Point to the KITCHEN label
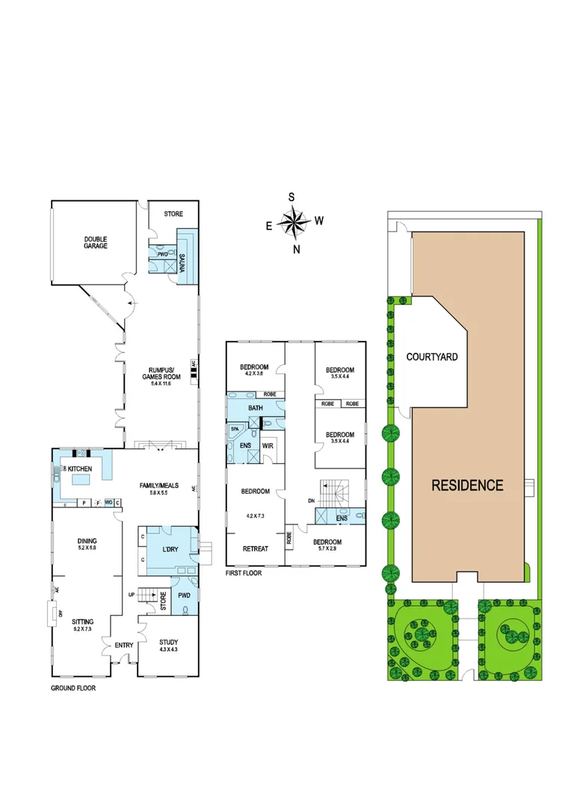pyautogui.click(x=80, y=469)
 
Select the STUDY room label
pyautogui.click(x=169, y=646)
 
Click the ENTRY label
pyautogui.click(x=123, y=645)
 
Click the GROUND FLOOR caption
pyautogui.click(x=73, y=688)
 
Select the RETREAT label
pyautogui.click(x=256, y=549)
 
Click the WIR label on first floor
pyautogui.click(x=268, y=446)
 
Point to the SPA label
pyautogui.click(x=234, y=430)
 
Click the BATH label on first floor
pyautogui.click(x=255, y=408)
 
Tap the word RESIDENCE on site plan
pyautogui.click(x=467, y=485)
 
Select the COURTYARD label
pyautogui.click(x=432, y=357)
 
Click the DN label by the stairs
pyautogui.click(x=310, y=501)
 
